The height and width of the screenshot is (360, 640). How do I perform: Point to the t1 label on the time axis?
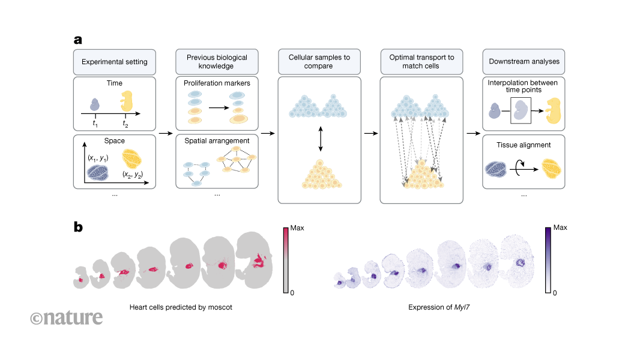95,122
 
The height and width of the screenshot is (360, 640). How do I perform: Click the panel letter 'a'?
78,40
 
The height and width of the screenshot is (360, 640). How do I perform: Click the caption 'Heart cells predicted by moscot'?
181,307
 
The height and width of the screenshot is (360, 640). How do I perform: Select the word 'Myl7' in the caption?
465,307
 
